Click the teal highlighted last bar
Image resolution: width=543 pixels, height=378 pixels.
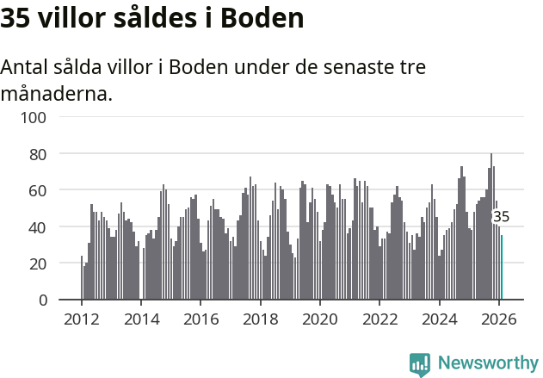click(502, 268)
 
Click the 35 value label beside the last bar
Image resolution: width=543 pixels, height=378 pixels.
click(501, 217)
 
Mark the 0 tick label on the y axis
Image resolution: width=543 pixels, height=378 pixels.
click(41, 301)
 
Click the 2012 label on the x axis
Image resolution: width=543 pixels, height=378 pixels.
click(82, 319)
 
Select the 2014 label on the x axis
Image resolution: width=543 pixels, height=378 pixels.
click(141, 319)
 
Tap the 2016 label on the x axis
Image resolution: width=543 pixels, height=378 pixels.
click(201, 319)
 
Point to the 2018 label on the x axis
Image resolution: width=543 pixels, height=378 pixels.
click(260, 319)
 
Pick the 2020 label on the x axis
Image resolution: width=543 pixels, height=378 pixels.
click(320, 319)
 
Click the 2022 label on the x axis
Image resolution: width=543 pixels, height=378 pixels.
click(379, 319)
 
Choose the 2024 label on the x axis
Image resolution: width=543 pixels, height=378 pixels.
click(439, 319)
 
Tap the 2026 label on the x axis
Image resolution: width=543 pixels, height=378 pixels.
click(498, 319)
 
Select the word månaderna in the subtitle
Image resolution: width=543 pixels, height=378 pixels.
click(56, 93)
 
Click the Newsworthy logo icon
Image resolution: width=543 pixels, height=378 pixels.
click(420, 364)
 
